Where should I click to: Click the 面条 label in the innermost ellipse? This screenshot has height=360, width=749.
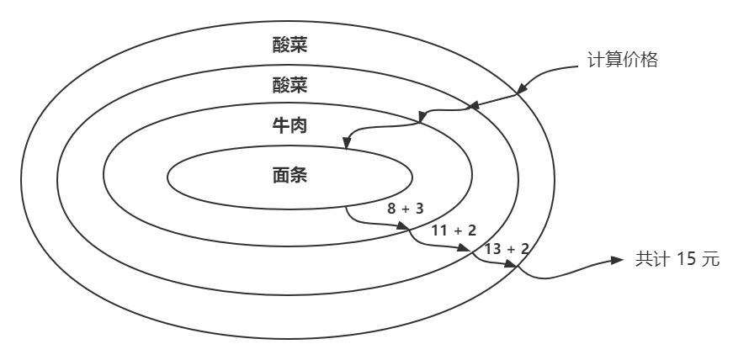pos(290,176)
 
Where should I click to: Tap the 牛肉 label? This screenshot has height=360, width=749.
pos(290,127)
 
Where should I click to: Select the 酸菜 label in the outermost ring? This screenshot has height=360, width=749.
pos(290,45)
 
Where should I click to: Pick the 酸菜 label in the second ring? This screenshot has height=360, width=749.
pos(290,85)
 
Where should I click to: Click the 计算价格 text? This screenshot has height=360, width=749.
pos(622,61)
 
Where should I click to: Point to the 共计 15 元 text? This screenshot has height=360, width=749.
pos(677,259)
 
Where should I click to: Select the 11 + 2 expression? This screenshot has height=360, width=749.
pos(454,230)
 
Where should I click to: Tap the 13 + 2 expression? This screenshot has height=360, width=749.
pos(507,248)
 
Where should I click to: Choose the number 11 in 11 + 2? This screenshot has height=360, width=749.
pos(439,230)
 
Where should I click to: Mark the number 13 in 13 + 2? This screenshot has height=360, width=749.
pos(493,248)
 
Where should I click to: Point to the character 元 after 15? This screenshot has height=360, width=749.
pos(711,259)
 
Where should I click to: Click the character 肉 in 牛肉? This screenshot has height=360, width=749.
pos(298,127)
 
